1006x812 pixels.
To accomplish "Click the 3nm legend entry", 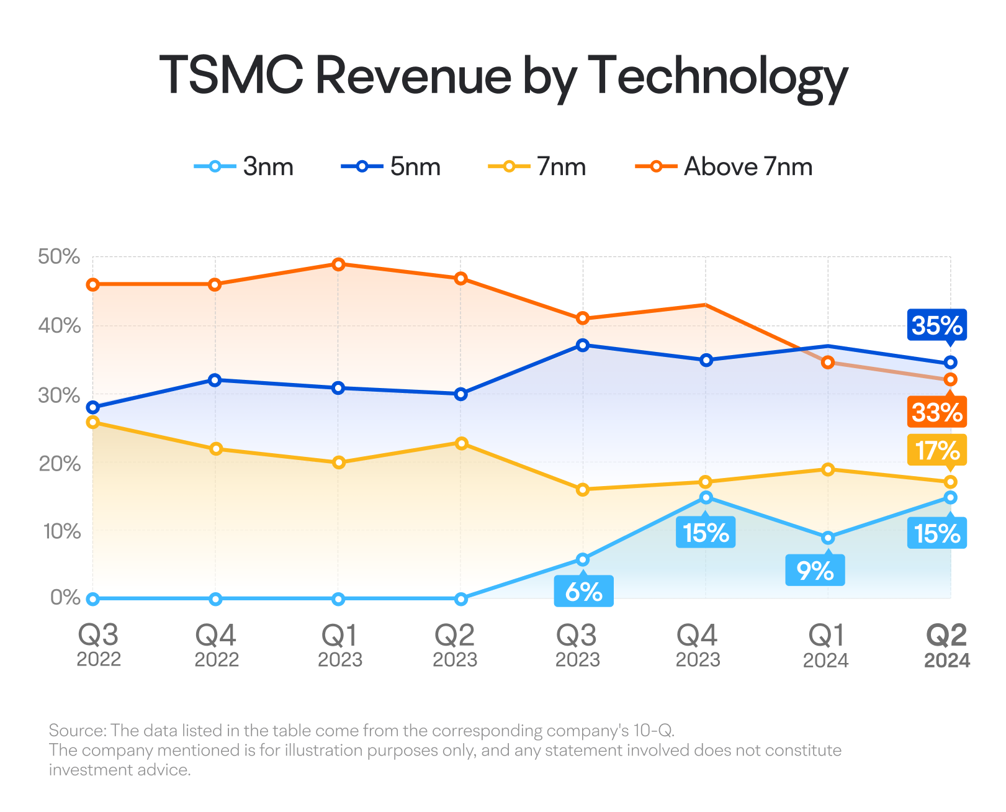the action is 243,166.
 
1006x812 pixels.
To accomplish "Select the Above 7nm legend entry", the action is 724,166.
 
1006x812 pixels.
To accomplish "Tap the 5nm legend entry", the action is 391,166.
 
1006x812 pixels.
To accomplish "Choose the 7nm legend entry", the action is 537,166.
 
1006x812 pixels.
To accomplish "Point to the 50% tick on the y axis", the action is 59,256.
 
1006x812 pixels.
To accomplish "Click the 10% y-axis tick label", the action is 61,531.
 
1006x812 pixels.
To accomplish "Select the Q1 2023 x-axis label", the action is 340,646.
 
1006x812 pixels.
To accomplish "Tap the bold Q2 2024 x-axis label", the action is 946,646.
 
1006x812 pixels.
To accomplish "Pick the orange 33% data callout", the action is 937,411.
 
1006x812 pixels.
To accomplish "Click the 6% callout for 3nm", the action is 583,590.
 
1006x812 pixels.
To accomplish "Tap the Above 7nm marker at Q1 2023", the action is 338,264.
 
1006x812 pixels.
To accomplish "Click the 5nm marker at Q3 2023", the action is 583,345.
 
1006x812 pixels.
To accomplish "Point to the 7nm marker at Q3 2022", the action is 93,422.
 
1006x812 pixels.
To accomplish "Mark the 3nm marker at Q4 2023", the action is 706,497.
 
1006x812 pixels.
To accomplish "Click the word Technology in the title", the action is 717,78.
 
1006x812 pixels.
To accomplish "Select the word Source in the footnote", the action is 78,730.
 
